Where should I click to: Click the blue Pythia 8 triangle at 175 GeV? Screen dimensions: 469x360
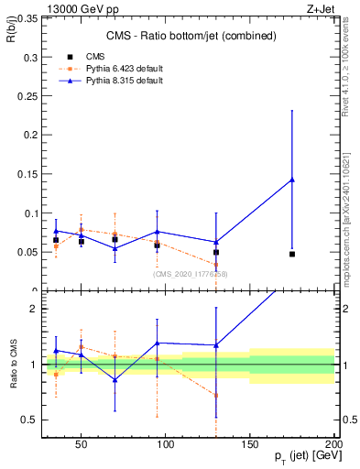292,180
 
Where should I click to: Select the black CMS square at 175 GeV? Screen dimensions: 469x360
292,254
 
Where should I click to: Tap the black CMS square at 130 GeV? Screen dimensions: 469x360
216,252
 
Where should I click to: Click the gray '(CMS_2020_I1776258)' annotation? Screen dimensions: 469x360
190,274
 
